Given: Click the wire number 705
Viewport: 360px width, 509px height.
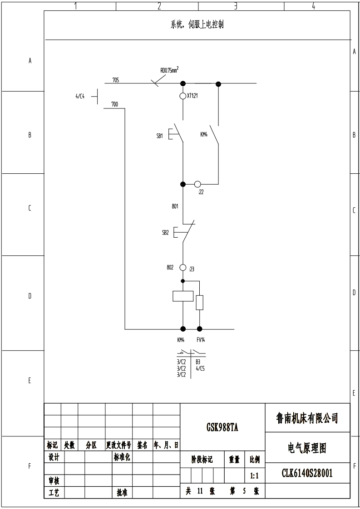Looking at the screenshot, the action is tap(116, 80).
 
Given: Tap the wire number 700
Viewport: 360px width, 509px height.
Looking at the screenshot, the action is tap(114, 104).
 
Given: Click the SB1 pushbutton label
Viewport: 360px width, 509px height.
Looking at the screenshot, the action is tap(159, 136).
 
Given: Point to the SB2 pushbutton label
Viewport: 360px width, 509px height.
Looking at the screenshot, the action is tap(165, 232).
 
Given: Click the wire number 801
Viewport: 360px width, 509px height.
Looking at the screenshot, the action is tap(175, 206).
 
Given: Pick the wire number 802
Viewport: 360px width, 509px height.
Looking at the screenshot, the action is tap(170, 267).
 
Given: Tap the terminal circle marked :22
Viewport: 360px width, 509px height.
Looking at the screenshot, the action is tap(197, 184).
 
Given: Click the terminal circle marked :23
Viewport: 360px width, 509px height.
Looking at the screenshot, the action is tap(183, 268).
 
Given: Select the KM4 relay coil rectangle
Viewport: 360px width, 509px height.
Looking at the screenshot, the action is tap(183, 296).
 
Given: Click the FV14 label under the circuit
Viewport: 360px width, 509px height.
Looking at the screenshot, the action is tap(200, 340).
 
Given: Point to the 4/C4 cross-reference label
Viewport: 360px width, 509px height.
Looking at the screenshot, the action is tap(80, 96).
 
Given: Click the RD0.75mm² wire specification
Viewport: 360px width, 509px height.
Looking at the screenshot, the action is tap(169, 69).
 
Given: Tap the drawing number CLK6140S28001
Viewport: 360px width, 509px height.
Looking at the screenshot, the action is tap(307, 474).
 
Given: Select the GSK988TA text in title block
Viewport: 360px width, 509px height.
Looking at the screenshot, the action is tap(222, 427).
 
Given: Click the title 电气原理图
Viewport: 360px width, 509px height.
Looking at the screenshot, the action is tap(307, 448).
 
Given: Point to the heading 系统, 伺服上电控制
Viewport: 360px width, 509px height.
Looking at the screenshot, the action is tap(197, 25).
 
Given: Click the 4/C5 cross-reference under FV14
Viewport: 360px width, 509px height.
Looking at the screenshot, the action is tap(200, 369).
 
